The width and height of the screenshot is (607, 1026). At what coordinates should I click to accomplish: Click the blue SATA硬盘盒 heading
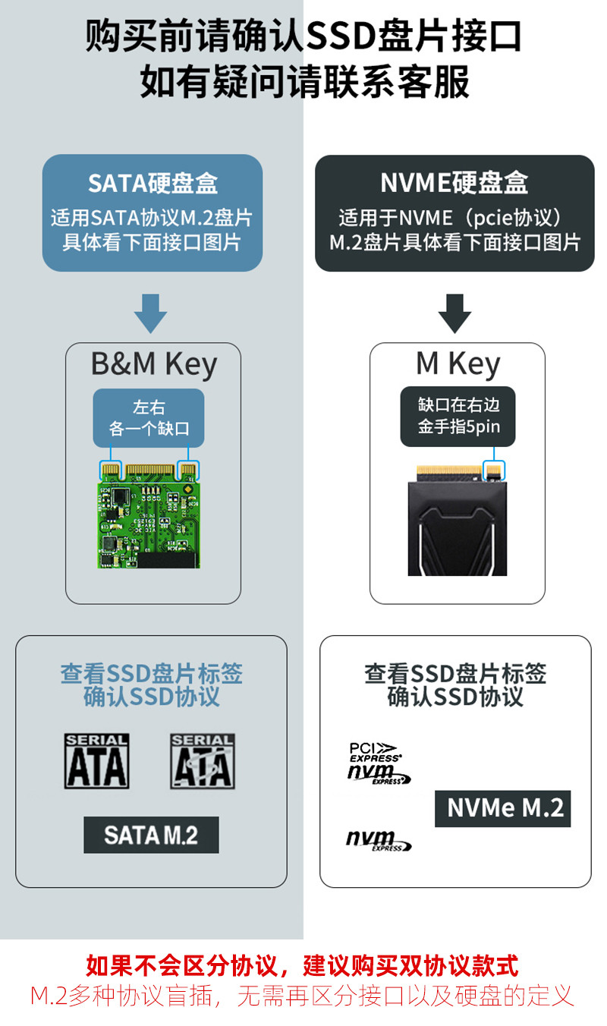(x=153, y=183)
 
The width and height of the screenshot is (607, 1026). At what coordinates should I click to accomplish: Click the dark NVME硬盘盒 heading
(x=454, y=183)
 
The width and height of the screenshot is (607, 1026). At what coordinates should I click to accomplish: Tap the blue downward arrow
(x=151, y=312)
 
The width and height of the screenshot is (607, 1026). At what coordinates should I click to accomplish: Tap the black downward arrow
(x=454, y=312)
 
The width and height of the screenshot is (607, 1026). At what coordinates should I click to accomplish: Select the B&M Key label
(x=153, y=365)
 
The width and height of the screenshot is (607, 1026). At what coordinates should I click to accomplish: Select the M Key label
(x=458, y=365)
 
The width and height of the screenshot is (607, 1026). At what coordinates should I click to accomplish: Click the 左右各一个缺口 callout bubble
(x=149, y=418)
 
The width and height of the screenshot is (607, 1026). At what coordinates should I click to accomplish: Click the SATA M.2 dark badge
(x=151, y=835)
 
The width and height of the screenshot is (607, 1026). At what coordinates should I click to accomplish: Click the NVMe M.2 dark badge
(x=502, y=808)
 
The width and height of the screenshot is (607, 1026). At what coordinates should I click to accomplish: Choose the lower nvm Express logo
(x=378, y=841)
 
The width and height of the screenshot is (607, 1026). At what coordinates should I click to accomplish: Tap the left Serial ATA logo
(x=96, y=761)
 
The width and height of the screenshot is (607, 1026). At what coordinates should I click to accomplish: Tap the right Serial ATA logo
(x=203, y=761)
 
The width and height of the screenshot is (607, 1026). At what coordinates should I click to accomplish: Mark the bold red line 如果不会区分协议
(x=303, y=966)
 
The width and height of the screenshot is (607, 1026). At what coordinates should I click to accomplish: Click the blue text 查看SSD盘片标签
(x=151, y=673)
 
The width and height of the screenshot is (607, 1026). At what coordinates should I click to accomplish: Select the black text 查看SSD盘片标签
(x=454, y=673)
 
